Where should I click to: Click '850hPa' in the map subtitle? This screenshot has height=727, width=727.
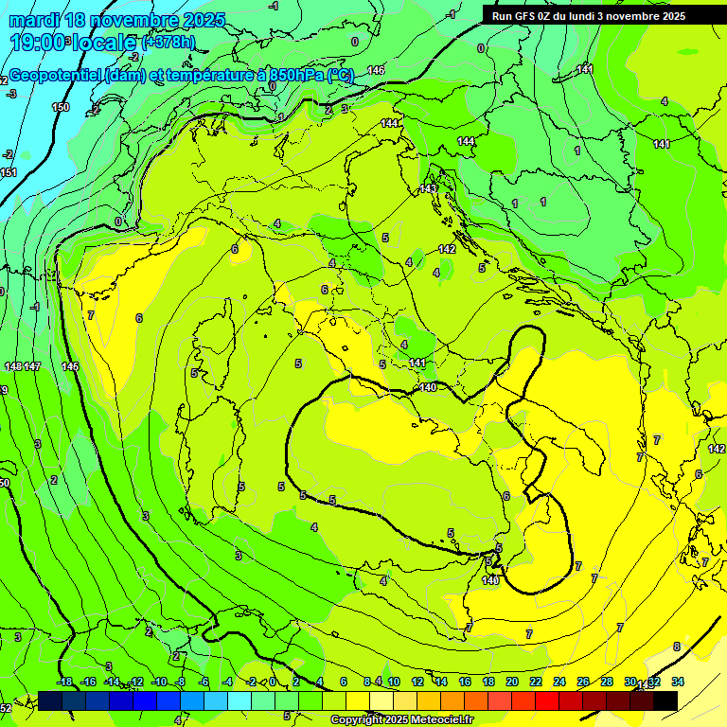(x=289, y=77)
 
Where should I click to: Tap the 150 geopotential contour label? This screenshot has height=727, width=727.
(x=61, y=107)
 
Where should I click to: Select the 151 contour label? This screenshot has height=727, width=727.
(x=9, y=172)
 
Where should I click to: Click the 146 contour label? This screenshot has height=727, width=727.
(x=377, y=70)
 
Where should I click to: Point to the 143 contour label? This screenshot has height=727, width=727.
(x=429, y=188)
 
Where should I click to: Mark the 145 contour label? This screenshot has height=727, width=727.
(x=70, y=366)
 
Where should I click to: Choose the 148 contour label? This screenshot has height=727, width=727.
(x=12, y=366)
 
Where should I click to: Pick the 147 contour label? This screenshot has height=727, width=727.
(x=32, y=366)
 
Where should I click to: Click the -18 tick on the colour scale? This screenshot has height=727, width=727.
(x=64, y=682)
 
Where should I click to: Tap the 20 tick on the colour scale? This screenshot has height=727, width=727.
(x=512, y=682)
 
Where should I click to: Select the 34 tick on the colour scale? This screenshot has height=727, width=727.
(x=678, y=682)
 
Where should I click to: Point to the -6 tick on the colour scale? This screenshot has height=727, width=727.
(x=204, y=682)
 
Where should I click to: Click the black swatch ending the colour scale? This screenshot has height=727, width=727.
(x=665, y=700)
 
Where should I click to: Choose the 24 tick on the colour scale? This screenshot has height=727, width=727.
(x=559, y=682)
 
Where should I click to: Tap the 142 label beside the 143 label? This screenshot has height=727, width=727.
(x=448, y=249)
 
